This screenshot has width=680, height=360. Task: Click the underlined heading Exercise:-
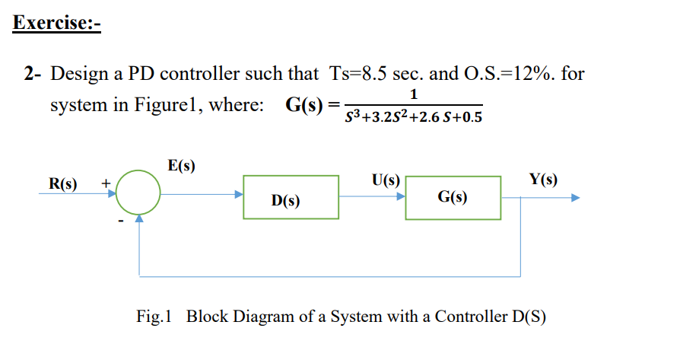[57, 22]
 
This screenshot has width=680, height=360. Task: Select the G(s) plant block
[453, 198]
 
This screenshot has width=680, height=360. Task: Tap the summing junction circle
[138, 196]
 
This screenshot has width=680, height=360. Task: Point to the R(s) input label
[63, 183]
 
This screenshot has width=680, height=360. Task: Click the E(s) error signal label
[181, 165]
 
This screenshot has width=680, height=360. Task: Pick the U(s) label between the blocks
[386, 180]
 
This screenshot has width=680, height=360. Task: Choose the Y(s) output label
[543, 180]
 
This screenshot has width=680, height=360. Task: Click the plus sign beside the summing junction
[106, 183]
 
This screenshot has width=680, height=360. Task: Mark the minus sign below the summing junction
[119, 221]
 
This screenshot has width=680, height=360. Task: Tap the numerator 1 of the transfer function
[413, 95]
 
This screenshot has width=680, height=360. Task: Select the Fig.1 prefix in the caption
[156, 317]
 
